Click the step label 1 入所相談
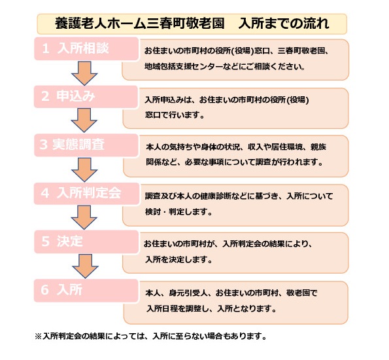tap(75, 48)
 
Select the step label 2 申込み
tap(68, 96)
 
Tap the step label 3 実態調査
tap(72, 145)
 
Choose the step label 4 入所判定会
tap(81, 193)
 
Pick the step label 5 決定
tap(62, 241)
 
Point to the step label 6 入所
tap(61, 290)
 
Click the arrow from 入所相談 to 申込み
tap(84, 73)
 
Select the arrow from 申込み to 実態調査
tap(84, 120)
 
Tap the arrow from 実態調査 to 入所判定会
tap(84, 170)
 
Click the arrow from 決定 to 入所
tap(86, 266)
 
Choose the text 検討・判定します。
tap(178, 212)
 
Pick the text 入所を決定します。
tap(178, 260)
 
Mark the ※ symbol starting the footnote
tap(39, 336)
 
